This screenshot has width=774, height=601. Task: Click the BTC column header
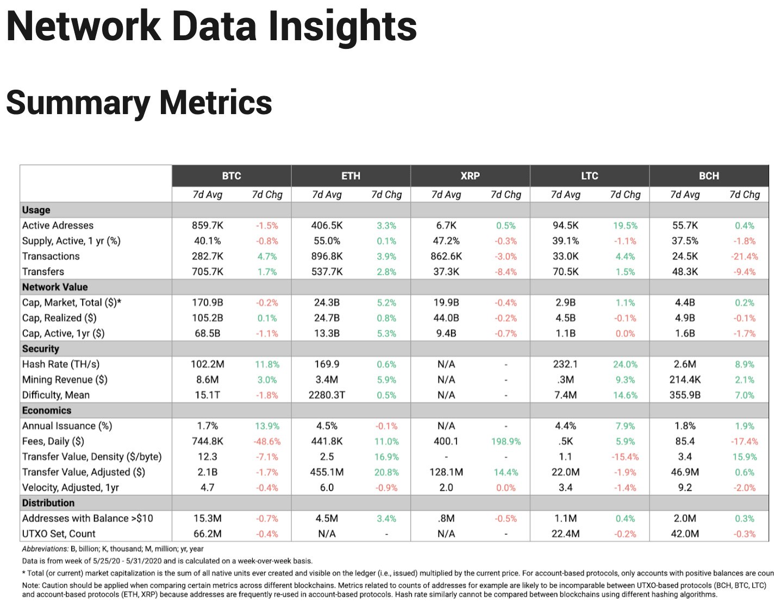231,176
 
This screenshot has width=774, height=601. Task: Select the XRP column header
470,176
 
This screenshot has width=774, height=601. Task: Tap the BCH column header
708,176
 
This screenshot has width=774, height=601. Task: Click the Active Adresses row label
58,226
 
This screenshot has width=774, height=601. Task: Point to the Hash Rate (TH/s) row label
61,365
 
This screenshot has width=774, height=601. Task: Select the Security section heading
41,349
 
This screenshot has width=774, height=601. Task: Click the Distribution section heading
48,503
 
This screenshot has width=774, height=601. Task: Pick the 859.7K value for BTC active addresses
207,226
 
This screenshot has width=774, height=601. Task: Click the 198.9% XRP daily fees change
505,442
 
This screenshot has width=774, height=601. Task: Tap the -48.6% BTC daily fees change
267,442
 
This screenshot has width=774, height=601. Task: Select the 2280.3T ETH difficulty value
327,395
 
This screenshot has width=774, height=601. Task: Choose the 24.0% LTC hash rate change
625,365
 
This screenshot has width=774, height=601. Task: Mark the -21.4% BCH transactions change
744,256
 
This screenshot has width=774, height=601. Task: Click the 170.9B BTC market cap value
207,303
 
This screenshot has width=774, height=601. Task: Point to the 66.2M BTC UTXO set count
207,534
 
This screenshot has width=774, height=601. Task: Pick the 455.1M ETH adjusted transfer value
327,472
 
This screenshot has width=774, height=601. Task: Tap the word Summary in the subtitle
78,103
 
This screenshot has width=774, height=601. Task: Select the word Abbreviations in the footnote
45,549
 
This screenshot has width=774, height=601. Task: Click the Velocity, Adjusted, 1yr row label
71,488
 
